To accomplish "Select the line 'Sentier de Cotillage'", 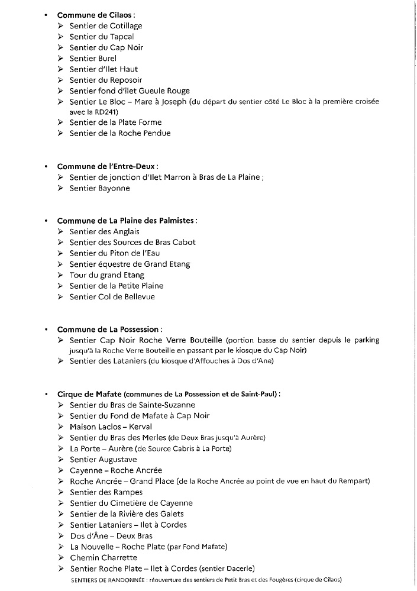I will (x=106, y=26).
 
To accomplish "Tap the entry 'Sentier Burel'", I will (x=93, y=59).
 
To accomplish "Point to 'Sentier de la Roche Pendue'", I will (x=120, y=134).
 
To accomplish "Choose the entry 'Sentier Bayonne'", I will (x=99, y=189).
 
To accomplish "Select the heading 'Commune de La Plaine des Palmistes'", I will (x=126, y=221).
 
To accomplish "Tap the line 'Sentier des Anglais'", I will (x=105, y=232).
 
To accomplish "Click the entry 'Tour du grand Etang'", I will (x=107, y=275).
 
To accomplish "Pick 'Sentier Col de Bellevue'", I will (x=112, y=297).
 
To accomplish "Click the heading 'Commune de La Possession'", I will (x=109, y=330).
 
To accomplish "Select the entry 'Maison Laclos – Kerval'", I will (x=111, y=427).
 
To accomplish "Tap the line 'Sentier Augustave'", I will (x=103, y=460).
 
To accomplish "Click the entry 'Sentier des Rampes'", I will (x=106, y=492).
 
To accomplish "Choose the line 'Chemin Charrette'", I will (x=103, y=558).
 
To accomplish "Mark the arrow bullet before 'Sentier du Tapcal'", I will (x=61, y=37).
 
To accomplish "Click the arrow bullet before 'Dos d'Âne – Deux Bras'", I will (x=61, y=536).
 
